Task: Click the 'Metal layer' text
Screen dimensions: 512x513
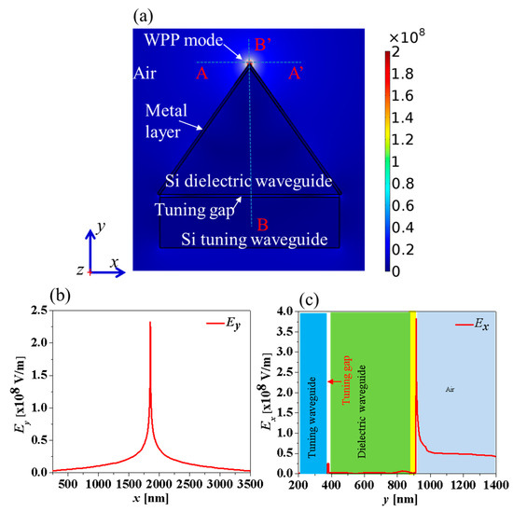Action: click(x=171, y=118)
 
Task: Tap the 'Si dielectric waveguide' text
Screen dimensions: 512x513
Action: click(x=249, y=180)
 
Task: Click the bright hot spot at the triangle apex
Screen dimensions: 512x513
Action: click(x=249, y=63)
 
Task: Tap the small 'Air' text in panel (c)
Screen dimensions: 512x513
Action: click(x=451, y=387)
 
